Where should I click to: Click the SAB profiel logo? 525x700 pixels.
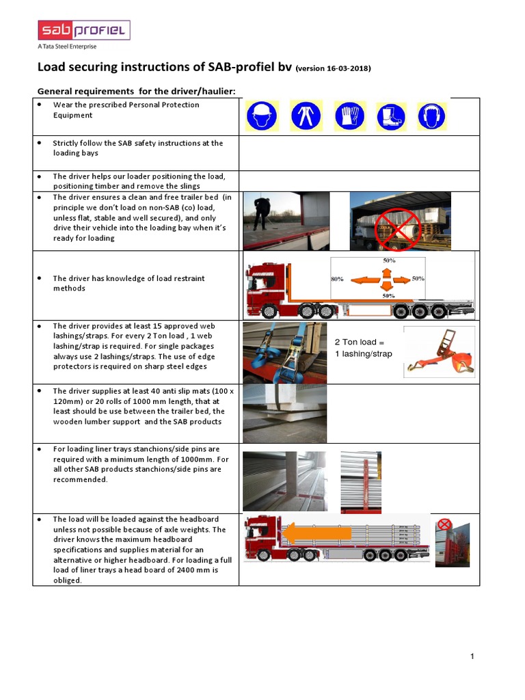point(83,30)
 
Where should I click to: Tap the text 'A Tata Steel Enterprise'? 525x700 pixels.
point(67,46)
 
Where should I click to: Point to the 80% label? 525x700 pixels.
point(337,280)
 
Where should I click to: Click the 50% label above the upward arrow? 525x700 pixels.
point(389,261)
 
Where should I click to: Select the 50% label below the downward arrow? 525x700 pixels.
point(389,296)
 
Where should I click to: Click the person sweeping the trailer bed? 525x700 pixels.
point(260,214)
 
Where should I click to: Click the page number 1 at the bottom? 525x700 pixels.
point(472,657)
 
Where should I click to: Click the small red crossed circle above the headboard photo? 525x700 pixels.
point(445,524)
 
